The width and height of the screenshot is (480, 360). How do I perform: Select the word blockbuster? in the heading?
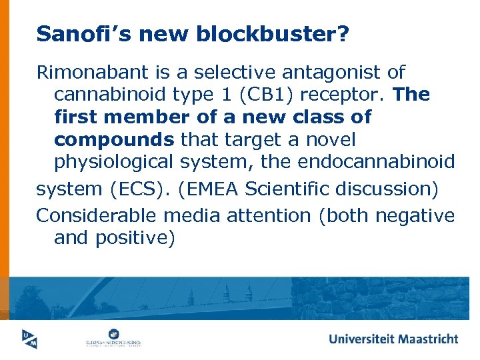click(x=273, y=34)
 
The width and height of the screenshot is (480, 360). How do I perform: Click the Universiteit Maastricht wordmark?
click(x=393, y=339)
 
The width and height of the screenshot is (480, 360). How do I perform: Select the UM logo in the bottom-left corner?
click(x=27, y=339)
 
